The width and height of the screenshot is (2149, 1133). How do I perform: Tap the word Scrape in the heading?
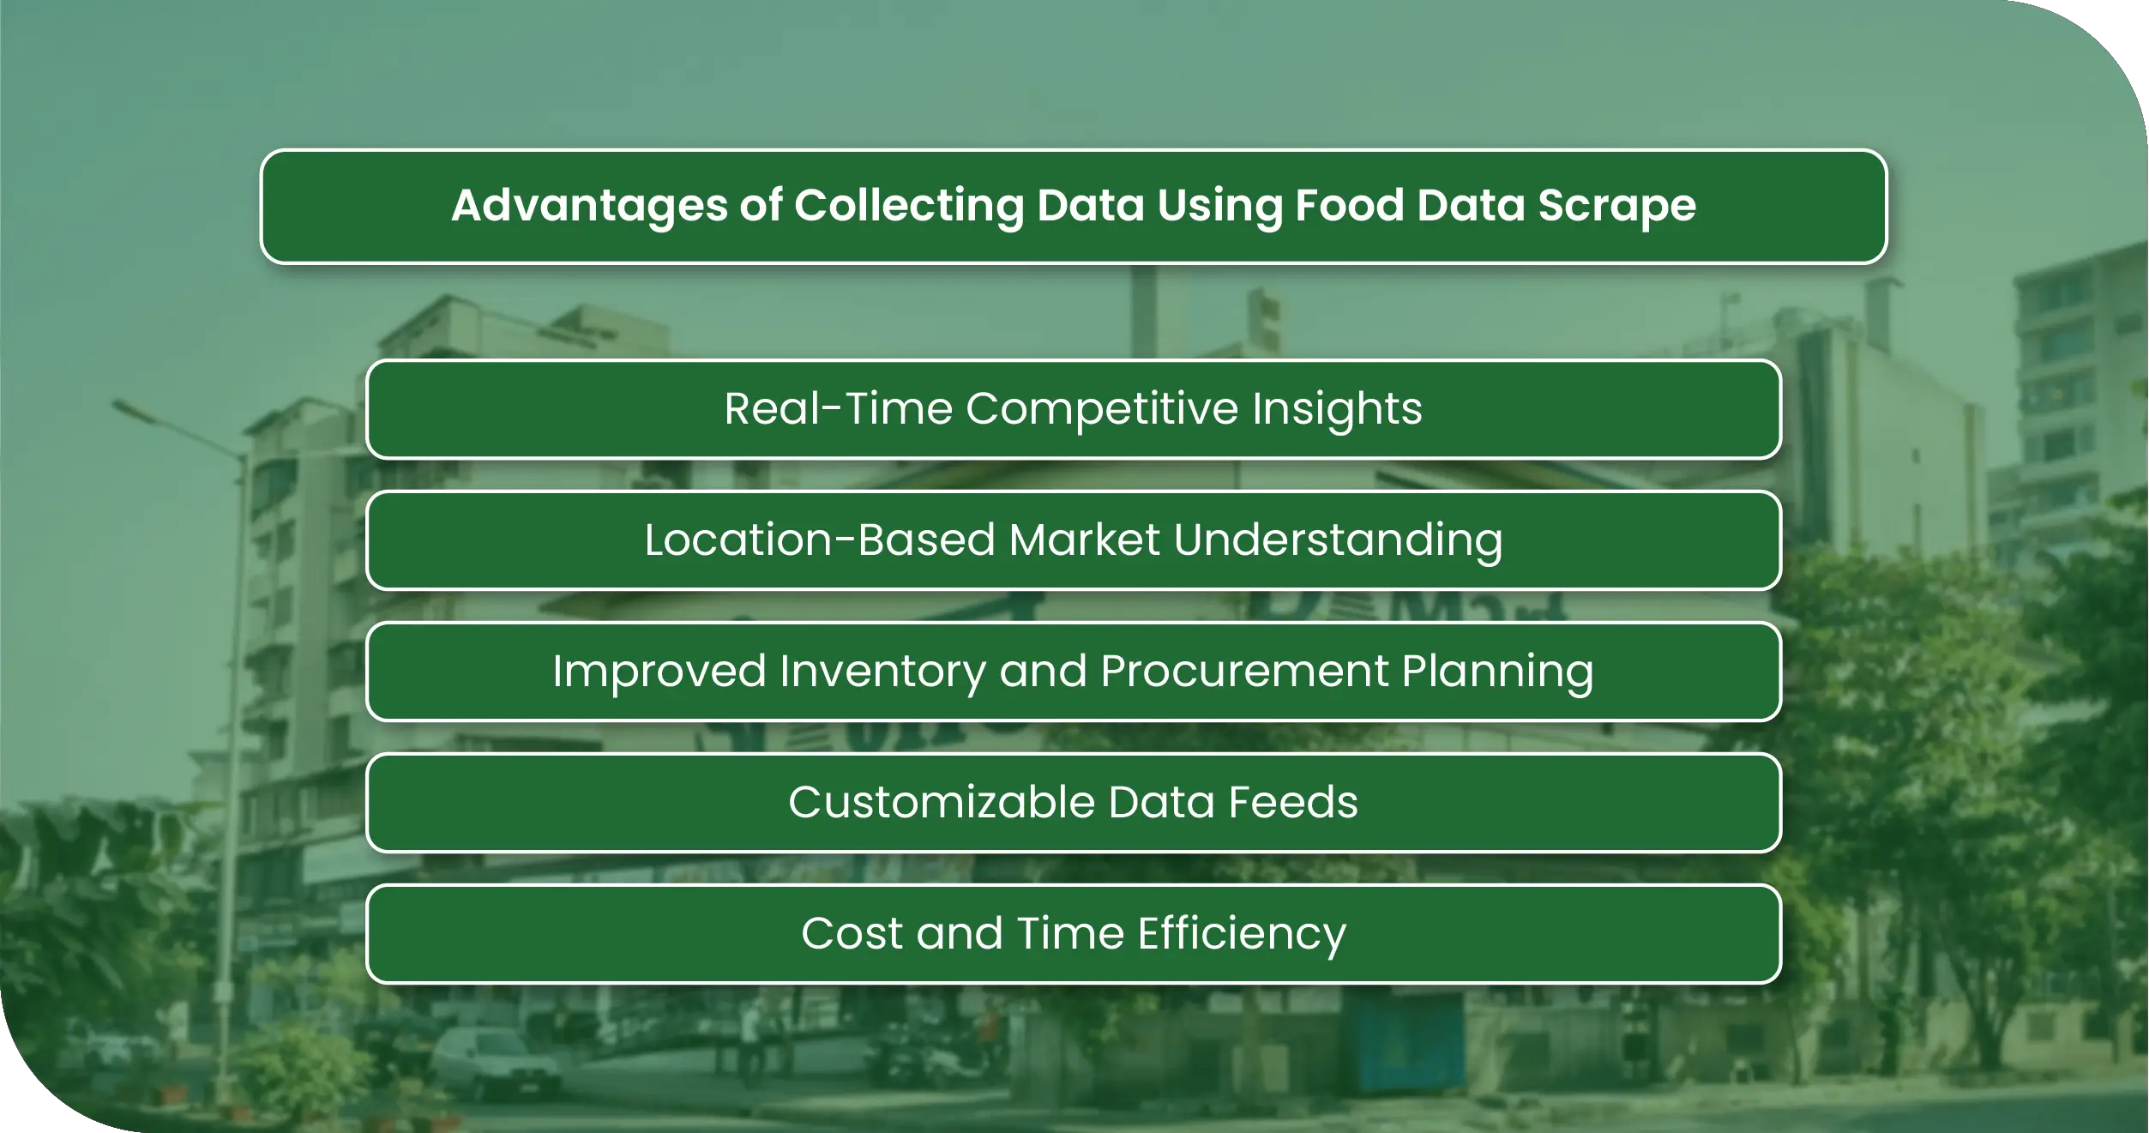coord(1616,206)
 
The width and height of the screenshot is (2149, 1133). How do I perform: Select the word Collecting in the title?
coord(908,206)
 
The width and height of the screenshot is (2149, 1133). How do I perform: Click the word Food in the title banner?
coord(1349,206)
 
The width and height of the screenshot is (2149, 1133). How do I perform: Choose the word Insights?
coord(1337,409)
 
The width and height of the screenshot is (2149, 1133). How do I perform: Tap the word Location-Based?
coord(819,540)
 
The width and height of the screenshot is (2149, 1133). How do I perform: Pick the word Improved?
coord(659,671)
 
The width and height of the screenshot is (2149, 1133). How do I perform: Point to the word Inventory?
coord(882,672)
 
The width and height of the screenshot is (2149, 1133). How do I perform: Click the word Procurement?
coord(1244,671)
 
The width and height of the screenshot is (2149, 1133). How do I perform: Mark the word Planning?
coord(1497,672)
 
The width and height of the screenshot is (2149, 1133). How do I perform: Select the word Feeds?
coord(1293,803)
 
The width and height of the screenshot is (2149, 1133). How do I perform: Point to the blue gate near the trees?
coord(1406,1042)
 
